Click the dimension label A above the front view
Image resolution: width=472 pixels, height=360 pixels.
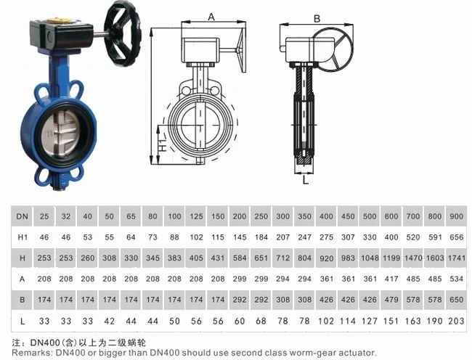click(x=211, y=17)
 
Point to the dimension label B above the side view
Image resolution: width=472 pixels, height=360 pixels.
click(x=317, y=19)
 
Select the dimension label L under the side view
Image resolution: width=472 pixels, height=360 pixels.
click(x=305, y=180)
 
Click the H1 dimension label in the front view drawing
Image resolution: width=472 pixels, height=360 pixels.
click(x=162, y=144)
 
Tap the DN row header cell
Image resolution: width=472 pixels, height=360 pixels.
click(x=22, y=216)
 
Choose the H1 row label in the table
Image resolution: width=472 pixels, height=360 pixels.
click(x=23, y=237)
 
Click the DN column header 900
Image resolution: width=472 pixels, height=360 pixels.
click(x=456, y=216)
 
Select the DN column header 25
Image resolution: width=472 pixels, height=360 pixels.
click(x=44, y=216)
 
